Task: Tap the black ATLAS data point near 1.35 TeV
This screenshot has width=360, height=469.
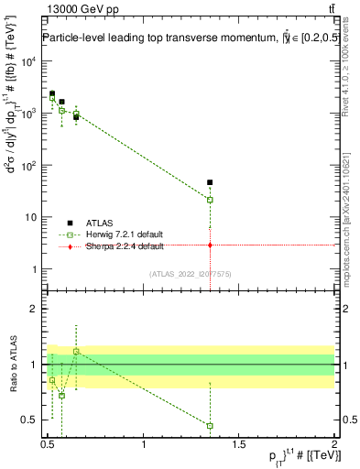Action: (x=210, y=182)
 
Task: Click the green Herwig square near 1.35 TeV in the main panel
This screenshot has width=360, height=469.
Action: (x=210, y=200)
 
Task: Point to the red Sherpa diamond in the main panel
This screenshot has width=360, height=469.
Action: (x=210, y=245)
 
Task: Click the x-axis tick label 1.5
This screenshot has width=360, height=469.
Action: (x=239, y=444)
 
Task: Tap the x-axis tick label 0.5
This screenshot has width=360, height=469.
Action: (x=49, y=444)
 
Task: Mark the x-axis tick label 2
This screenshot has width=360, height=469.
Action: (x=334, y=444)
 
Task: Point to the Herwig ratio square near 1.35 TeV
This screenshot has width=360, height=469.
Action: (x=210, y=426)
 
